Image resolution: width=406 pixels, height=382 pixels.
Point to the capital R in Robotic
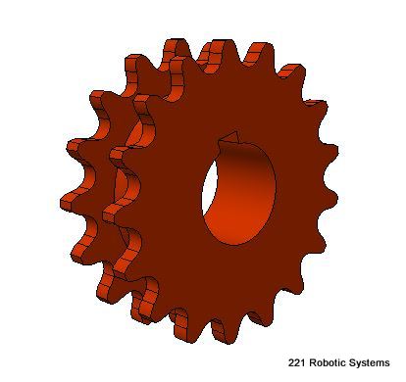[x=312, y=362]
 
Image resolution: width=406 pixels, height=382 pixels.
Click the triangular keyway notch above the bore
[x=232, y=138]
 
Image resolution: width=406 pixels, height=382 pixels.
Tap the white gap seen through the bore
[x=209, y=189]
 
